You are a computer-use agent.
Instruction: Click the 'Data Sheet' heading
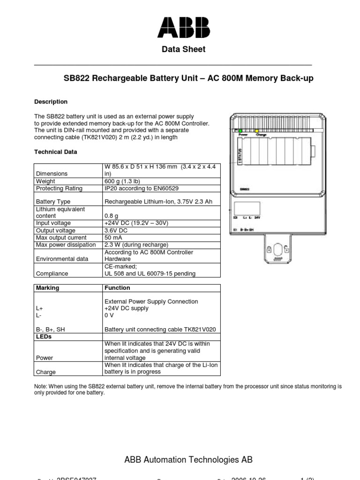click(183, 49)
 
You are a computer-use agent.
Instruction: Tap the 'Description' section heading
click(51, 102)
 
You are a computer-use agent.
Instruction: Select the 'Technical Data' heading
click(56, 152)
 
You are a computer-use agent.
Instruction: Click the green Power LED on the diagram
click(241, 131)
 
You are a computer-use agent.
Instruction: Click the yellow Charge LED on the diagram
click(256, 131)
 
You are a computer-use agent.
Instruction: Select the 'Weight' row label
click(45, 181)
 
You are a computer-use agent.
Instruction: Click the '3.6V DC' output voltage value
click(117, 231)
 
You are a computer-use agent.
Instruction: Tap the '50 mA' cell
click(114, 238)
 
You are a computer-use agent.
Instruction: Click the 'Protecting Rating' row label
click(59, 188)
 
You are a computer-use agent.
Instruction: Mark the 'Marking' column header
click(47, 288)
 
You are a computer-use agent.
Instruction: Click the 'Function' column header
click(117, 288)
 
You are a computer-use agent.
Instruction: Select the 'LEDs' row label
click(44, 337)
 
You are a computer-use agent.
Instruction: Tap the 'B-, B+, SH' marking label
click(50, 330)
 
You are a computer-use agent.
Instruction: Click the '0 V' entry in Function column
click(109, 315)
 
